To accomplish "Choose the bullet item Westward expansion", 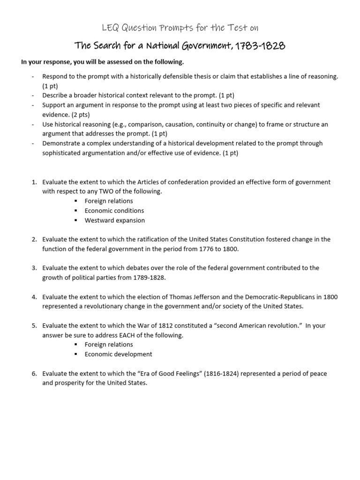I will coord(114,220).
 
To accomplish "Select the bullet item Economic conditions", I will coord(114,210).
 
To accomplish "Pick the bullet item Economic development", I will coord(118,354).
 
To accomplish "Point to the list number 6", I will coord(34,374).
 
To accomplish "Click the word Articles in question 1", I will coord(137,182).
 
